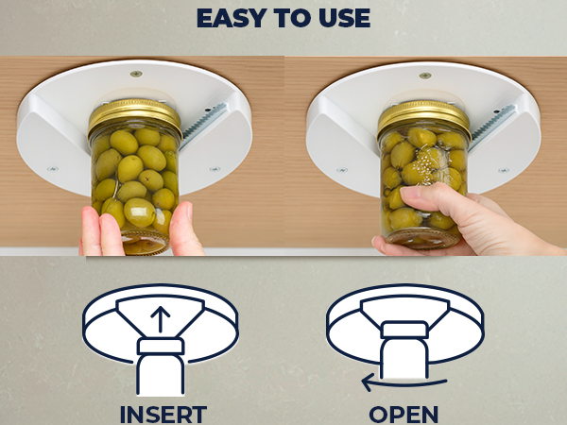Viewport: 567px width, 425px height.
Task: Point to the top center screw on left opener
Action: click(x=136, y=74)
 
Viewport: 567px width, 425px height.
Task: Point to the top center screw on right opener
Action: click(x=425, y=74)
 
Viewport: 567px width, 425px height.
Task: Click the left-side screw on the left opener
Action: click(x=52, y=169)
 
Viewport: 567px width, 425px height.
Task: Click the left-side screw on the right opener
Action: click(x=341, y=169)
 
